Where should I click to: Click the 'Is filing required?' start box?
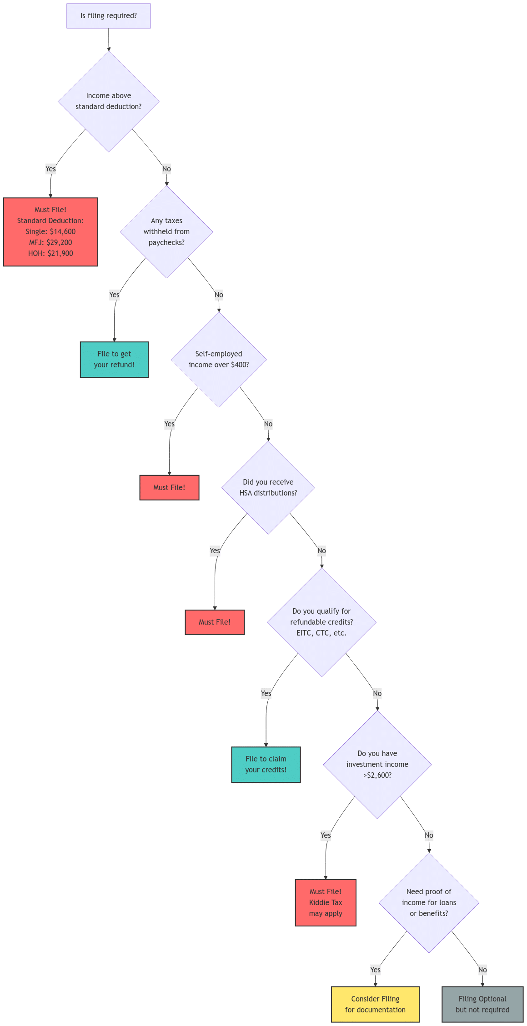(x=108, y=16)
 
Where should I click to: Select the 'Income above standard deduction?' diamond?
(x=108, y=101)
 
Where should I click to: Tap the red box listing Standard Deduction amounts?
(x=50, y=232)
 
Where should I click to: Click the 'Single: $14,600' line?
(x=50, y=231)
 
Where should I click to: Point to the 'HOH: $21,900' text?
(x=50, y=253)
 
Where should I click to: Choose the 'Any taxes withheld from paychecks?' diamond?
(x=166, y=231)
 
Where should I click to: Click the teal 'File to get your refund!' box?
(x=114, y=360)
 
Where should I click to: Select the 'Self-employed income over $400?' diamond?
(x=219, y=359)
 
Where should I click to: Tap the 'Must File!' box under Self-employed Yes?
(x=169, y=487)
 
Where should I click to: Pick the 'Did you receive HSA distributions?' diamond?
(x=268, y=487)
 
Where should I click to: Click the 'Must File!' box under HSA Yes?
(x=215, y=622)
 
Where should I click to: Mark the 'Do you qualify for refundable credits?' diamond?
(x=321, y=622)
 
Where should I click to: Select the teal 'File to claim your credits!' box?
(x=266, y=764)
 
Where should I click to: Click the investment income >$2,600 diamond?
(x=377, y=764)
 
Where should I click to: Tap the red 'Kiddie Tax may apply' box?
(x=326, y=902)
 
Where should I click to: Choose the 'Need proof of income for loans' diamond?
(x=429, y=902)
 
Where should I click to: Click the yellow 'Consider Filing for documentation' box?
(x=375, y=1004)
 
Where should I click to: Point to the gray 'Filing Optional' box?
(x=482, y=1004)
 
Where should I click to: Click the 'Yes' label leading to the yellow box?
(x=375, y=970)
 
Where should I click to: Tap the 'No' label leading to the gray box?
(x=482, y=970)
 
